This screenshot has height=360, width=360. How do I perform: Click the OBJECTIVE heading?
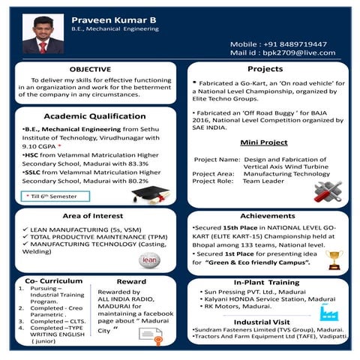90,69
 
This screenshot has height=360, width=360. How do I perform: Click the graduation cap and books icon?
150,194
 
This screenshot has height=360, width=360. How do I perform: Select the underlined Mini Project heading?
264,142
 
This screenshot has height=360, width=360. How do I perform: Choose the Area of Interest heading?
93,215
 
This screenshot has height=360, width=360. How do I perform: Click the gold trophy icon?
334,259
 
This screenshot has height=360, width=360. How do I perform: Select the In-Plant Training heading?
266,282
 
